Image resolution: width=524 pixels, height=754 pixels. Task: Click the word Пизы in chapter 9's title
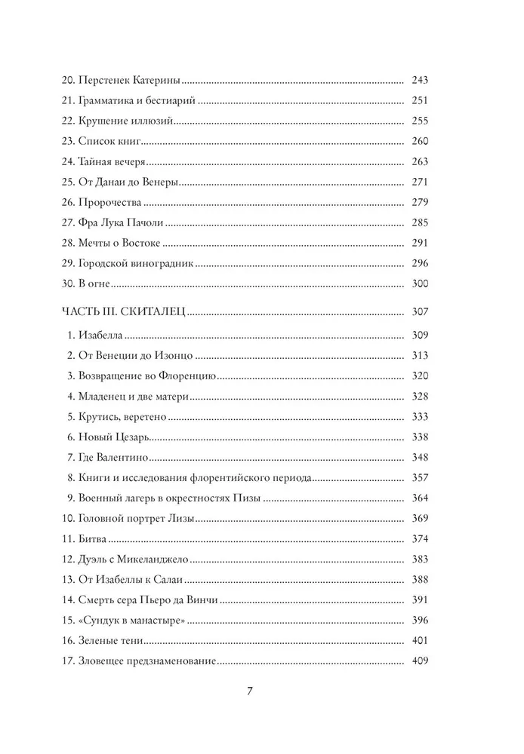coord(252,498)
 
